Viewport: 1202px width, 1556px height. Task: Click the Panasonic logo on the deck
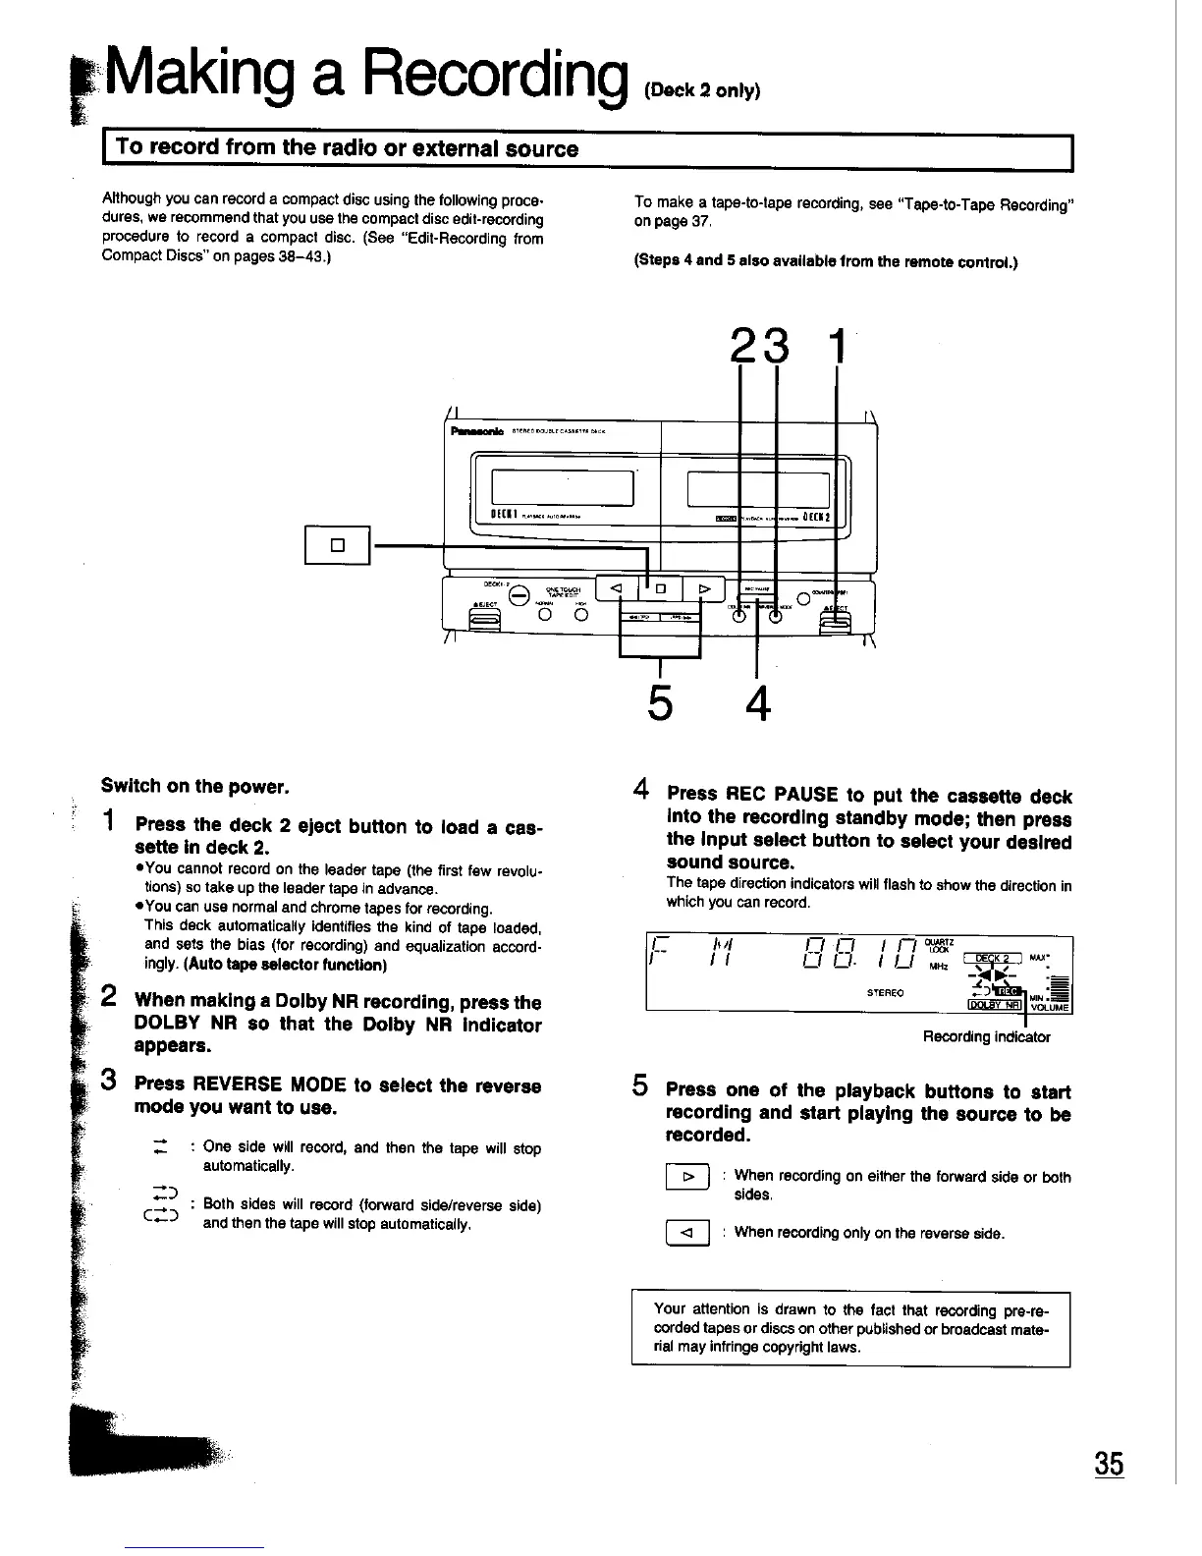coord(476,430)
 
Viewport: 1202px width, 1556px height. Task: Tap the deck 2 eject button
coord(835,622)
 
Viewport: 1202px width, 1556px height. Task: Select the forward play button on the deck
coord(703,588)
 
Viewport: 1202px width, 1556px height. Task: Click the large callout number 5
coord(660,701)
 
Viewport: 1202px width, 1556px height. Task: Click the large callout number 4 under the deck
coord(757,701)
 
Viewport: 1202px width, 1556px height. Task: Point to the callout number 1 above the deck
coord(837,348)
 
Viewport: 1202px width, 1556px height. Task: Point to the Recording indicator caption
coord(986,1036)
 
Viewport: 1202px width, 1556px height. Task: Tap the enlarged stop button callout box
coord(336,545)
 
